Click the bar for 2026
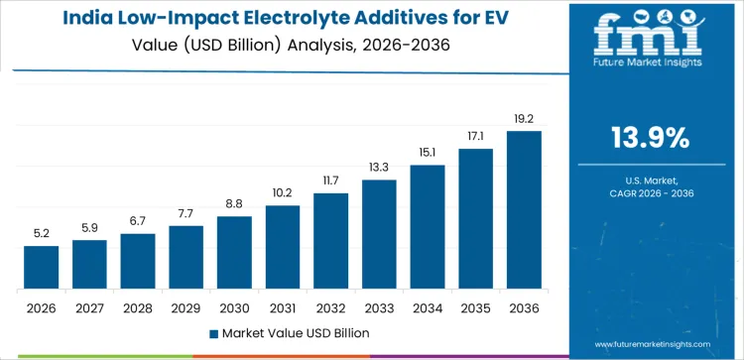coord(41,268)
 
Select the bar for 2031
coord(283,247)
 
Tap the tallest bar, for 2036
coord(524,210)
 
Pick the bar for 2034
coord(428,227)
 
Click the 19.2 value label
coord(524,118)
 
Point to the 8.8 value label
coord(234,203)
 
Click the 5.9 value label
coord(89,227)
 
